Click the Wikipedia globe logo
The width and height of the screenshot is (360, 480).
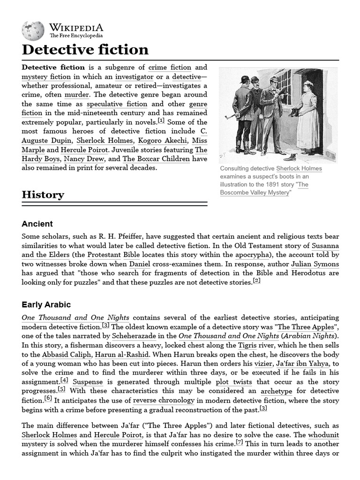pos(33,30)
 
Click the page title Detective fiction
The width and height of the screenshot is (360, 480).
pos(85,50)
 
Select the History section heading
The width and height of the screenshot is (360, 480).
pos(43,195)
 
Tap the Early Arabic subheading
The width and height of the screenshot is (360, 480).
pos(46,305)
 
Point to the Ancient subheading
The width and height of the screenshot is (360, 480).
pos(37,224)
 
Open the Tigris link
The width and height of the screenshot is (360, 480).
pos(247,345)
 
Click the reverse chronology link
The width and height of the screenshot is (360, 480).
pos(157,400)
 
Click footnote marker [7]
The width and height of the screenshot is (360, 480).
pos(239,443)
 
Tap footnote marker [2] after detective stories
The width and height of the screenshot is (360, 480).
pos(256,281)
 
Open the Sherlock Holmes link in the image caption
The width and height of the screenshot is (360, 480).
pos(299,169)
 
